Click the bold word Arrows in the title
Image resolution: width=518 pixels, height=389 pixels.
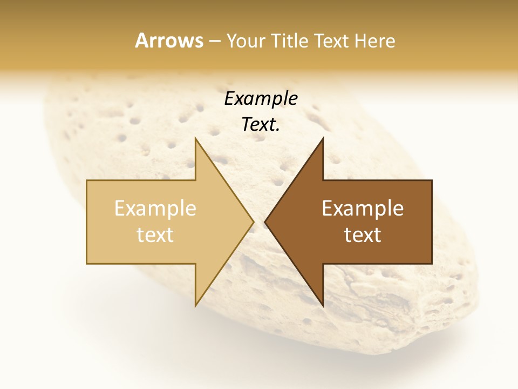169,41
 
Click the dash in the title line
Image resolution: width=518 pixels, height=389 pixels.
214,42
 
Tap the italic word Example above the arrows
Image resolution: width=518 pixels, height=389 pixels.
261,98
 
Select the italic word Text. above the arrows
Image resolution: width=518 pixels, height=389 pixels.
261,125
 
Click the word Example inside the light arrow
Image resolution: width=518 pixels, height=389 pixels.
155,209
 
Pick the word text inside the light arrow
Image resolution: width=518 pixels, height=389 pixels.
155,235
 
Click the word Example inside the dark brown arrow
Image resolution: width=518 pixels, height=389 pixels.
363,209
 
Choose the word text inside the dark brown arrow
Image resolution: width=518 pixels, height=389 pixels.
363,235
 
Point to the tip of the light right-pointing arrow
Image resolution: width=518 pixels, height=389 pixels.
254,222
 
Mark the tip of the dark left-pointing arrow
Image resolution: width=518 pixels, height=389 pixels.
265,222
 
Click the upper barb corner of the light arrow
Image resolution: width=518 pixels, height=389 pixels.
195,138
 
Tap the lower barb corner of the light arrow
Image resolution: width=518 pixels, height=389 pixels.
195,306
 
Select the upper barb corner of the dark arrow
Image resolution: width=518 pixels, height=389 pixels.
323,138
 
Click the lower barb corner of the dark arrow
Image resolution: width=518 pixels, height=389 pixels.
323,306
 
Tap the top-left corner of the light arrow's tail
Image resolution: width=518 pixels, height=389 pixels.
87,180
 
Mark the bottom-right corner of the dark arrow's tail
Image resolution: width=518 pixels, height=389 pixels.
432,264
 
